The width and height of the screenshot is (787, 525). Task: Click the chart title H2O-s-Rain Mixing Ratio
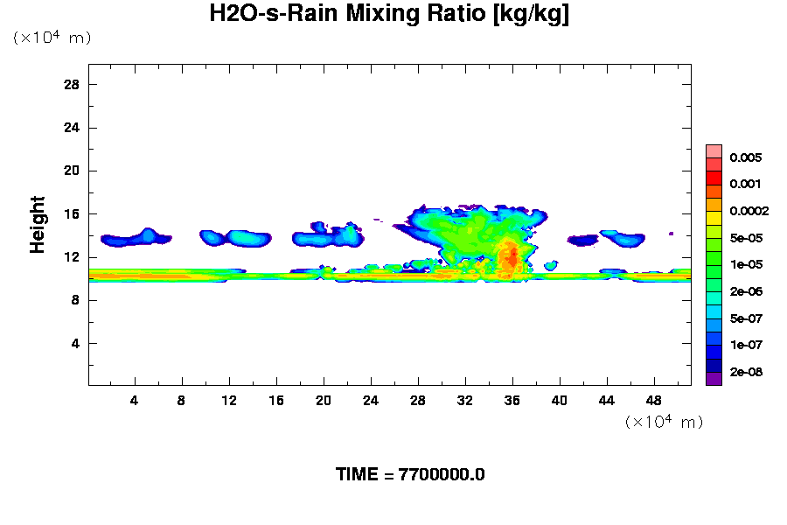[x=389, y=15]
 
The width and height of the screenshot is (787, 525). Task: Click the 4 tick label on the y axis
[x=76, y=343]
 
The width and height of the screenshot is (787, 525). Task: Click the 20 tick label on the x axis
[x=324, y=401]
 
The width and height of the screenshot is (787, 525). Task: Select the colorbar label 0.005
[x=746, y=158]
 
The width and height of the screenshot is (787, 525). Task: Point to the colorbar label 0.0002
[x=749, y=211]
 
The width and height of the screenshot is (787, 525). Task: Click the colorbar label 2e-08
[x=746, y=372]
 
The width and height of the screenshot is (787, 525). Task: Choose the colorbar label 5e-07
[x=746, y=318]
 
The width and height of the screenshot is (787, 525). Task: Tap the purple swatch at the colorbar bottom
[x=714, y=379]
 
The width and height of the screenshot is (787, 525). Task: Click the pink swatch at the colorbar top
[x=714, y=150]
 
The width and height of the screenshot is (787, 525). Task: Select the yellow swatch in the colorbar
[x=714, y=218]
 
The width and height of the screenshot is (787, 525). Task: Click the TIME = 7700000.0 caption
[x=410, y=475]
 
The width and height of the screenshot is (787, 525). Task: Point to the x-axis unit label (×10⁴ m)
[x=664, y=422]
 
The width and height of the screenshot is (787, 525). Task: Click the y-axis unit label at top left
[x=52, y=38]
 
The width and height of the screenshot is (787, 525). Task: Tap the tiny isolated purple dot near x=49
[x=671, y=234]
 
